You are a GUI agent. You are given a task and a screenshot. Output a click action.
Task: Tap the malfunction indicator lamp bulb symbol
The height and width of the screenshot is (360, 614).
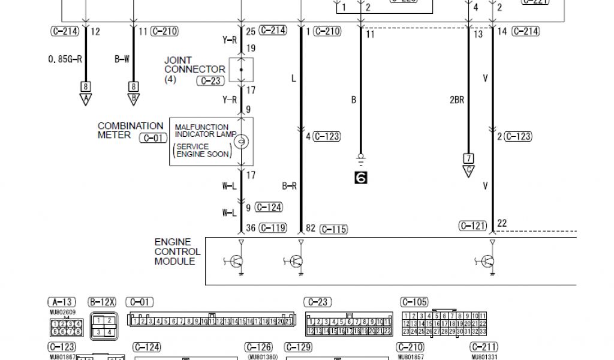[241, 142]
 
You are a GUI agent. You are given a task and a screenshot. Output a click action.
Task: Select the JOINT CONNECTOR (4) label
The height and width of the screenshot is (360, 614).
[186, 70]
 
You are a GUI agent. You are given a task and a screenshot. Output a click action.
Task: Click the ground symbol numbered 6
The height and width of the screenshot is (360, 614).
[360, 177]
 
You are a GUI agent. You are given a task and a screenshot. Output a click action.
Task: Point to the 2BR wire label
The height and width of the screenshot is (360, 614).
[456, 100]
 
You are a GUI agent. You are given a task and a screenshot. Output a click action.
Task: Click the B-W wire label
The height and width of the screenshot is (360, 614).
[122, 59]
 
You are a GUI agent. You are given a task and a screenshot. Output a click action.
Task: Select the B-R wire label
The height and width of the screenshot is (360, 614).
[290, 186]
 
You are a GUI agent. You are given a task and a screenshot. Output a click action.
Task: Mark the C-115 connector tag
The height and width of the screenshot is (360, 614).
[334, 229]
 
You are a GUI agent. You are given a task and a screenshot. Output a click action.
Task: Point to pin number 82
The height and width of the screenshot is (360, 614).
[311, 228]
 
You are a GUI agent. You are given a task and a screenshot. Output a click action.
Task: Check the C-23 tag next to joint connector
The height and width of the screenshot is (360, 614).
[211, 81]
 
